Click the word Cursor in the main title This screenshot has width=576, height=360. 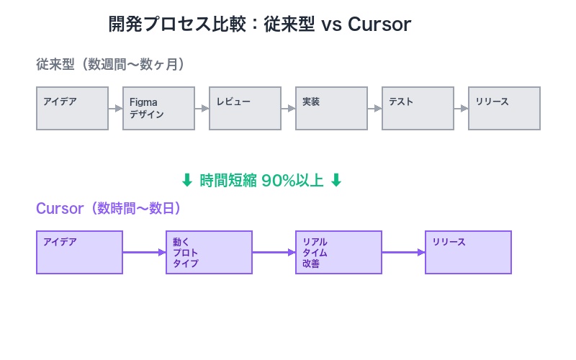[379, 24]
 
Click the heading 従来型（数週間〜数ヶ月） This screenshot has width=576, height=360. [112, 64]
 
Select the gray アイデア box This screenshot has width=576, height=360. [72, 108]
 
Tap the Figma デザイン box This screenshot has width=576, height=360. [158, 108]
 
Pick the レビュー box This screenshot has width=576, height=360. [245, 108]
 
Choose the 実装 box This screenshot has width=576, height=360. [331, 108]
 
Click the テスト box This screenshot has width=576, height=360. [418, 108]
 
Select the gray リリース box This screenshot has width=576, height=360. [504, 108]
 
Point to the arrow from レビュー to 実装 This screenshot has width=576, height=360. [288, 108]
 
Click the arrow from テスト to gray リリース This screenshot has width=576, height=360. [461, 108]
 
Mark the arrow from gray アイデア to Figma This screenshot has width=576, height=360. [115, 108]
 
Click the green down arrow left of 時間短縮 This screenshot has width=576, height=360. [187, 181]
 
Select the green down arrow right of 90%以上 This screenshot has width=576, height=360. [336, 181]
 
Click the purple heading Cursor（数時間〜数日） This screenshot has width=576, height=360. [109, 208]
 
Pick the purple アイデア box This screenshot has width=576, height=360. [79, 252]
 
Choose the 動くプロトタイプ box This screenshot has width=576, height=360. [209, 252]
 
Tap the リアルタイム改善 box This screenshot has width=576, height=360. [338, 252]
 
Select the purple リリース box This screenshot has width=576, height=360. [468, 252]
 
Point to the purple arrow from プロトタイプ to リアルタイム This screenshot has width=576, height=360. [274, 252]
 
